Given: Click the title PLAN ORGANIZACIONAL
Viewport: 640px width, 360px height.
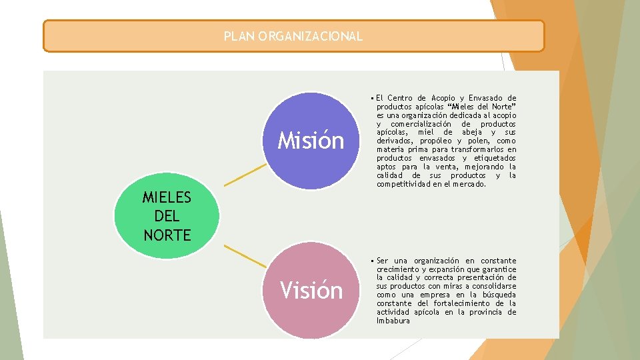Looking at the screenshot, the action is (x=293, y=36).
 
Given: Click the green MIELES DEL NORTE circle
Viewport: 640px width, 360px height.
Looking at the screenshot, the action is (x=167, y=216).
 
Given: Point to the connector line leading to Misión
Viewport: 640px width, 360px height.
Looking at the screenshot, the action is (x=244, y=175).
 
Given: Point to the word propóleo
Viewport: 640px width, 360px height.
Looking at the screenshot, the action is (x=436, y=141).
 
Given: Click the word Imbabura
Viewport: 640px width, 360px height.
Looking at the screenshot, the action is (x=393, y=321).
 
